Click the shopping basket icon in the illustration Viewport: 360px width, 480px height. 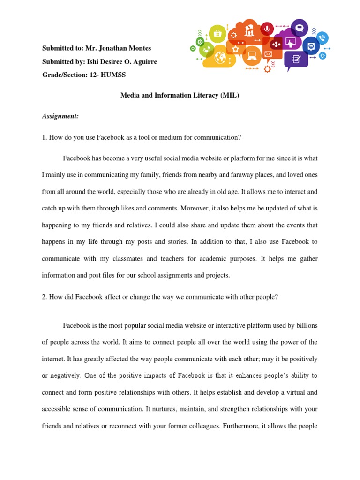coord(217,34)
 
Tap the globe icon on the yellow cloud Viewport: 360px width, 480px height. coord(220,58)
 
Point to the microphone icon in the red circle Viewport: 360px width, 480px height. coord(267,29)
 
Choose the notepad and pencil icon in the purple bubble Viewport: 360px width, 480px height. coord(296,59)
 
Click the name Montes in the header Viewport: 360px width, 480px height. coord(140,48)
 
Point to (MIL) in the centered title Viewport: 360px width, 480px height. coord(230,95)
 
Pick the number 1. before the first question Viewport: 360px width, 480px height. coord(45,137)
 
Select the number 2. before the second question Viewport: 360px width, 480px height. coord(45,297)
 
